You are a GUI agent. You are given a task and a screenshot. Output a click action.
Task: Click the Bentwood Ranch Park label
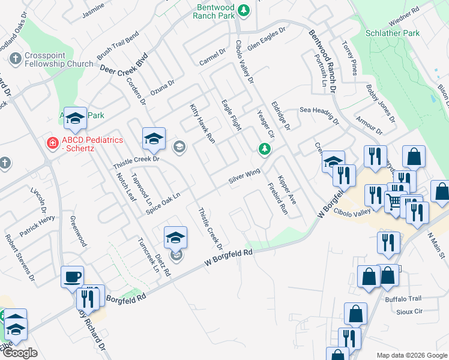214,11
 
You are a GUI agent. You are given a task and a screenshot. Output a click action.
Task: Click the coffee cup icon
73,277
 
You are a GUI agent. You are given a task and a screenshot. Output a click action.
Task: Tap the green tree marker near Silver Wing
263,149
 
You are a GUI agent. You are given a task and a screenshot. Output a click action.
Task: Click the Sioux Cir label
410,311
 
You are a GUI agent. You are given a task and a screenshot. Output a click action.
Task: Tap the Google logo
20,352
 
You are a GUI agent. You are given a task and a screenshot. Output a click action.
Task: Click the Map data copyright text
412,355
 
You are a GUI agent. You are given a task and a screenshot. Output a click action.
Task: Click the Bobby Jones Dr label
381,103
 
